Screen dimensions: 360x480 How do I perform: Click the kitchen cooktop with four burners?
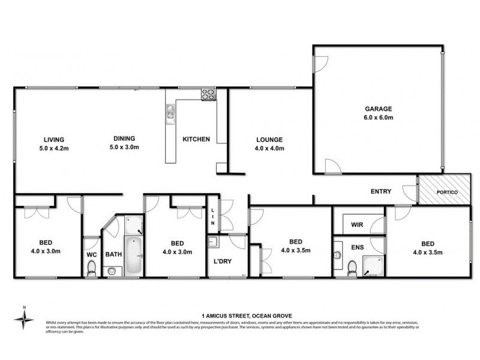click(x=208, y=94)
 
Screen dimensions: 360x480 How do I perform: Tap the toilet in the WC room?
click(x=91, y=271)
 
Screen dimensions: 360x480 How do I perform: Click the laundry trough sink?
click(x=212, y=242)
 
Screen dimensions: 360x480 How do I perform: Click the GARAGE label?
click(x=379, y=109)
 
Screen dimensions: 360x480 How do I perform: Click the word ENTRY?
click(x=380, y=192)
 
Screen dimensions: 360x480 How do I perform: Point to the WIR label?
click(x=356, y=226)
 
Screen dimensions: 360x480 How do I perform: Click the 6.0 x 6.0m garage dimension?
click(x=379, y=118)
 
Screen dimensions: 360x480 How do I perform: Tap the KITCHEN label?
click(x=196, y=139)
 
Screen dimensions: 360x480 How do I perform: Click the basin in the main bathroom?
click(x=112, y=271)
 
